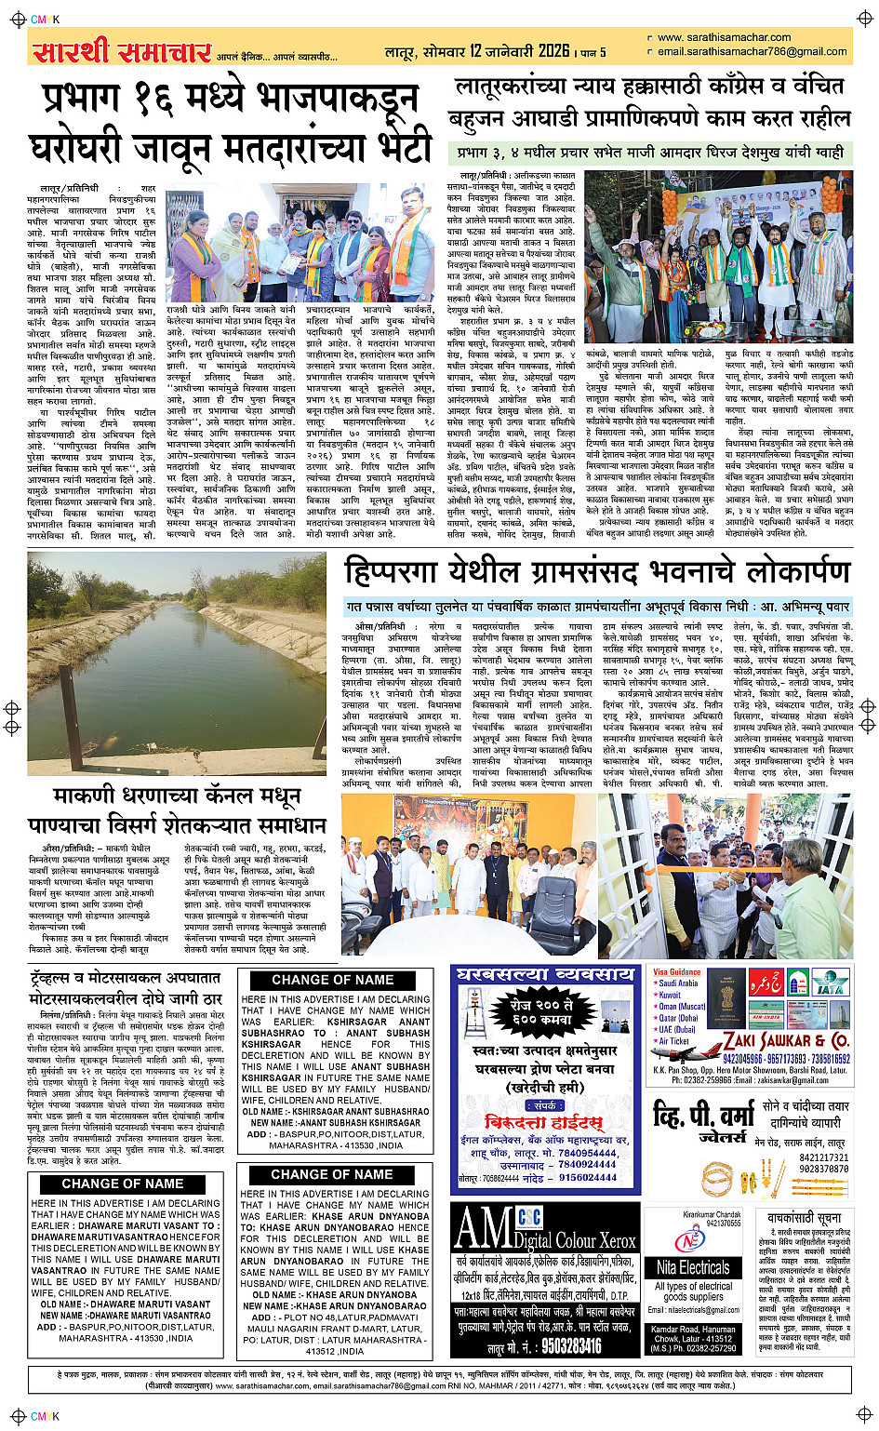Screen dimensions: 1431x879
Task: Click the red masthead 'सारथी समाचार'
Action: [122, 52]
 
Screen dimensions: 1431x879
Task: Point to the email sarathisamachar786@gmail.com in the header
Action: [752, 52]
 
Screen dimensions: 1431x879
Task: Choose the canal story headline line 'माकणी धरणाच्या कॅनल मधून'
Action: [177, 796]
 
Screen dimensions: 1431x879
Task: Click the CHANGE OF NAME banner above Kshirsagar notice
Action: [333, 980]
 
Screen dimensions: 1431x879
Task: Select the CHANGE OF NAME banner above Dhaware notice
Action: [123, 1184]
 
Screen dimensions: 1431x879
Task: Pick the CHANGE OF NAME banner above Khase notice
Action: [333, 1174]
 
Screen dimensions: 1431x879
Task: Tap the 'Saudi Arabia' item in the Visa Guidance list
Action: [678, 983]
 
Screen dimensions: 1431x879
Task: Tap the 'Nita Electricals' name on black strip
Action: [693, 1267]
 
